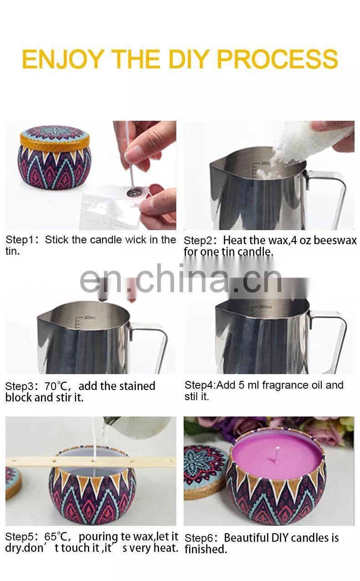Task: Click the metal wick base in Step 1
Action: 131,192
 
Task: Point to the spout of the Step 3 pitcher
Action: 44,318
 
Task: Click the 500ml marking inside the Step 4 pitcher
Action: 265,307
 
